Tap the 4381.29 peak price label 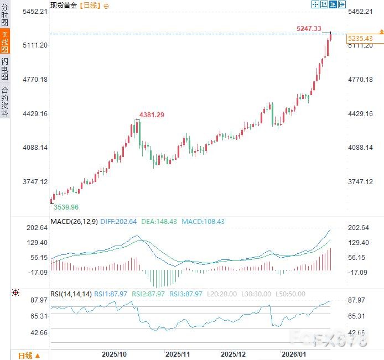click(152, 114)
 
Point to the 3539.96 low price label click(66, 207)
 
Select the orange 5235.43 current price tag click(360, 39)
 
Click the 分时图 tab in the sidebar click(5, 15)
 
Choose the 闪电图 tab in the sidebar click(5, 69)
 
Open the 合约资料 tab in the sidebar click(5, 101)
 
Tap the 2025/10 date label click(115, 353)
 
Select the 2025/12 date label click(233, 353)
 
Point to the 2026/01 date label click(294, 353)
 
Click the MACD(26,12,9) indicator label click(74, 222)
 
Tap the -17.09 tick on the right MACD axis click(357, 272)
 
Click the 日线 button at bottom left click(25, 355)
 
